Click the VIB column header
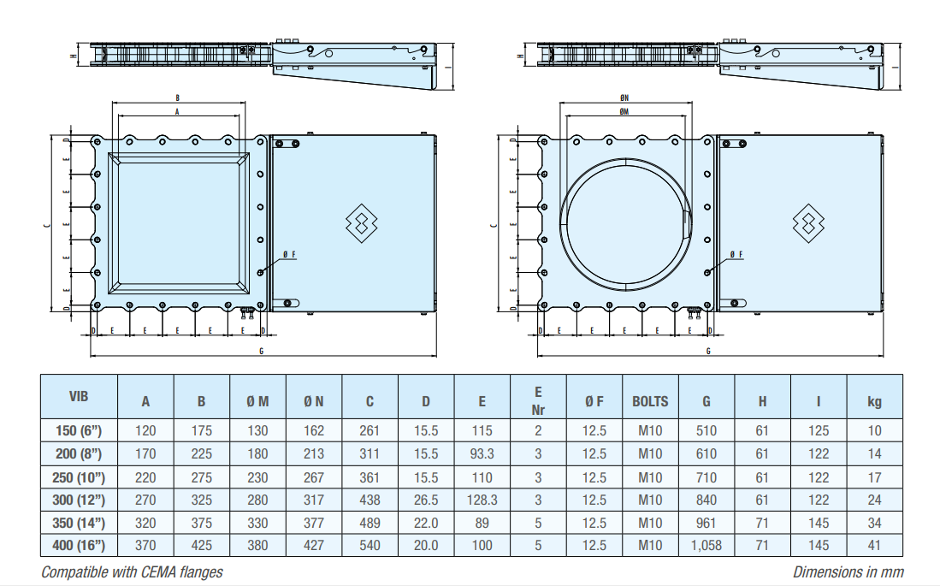click(x=79, y=396)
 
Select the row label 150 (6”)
click(x=79, y=431)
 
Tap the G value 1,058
click(x=706, y=545)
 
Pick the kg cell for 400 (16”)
click(x=874, y=545)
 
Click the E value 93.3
click(x=482, y=454)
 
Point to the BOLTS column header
click(x=650, y=401)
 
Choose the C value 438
click(x=369, y=500)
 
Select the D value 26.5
click(x=426, y=500)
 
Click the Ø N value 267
click(x=314, y=477)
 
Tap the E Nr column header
click(x=538, y=400)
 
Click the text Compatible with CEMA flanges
click(x=132, y=572)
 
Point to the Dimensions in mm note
click(x=848, y=572)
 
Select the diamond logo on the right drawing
click(x=807, y=223)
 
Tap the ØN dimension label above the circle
click(x=624, y=99)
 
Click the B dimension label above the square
click(x=177, y=99)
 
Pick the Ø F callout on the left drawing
click(x=289, y=255)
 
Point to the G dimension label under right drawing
click(x=708, y=351)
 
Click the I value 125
click(x=819, y=431)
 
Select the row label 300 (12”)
click(x=79, y=500)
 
